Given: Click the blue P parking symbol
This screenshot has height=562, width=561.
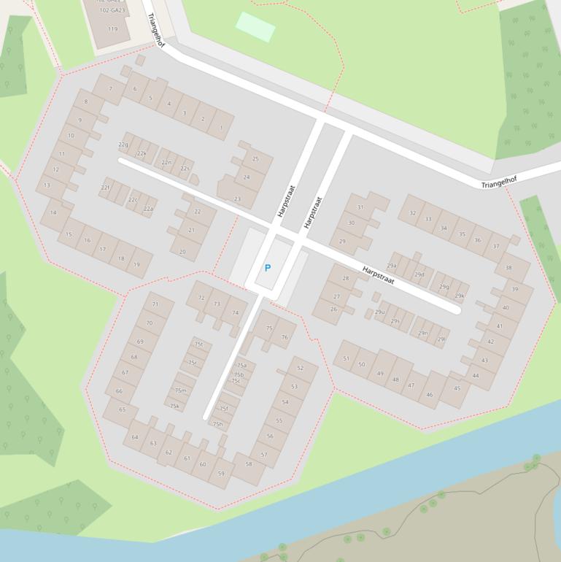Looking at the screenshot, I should point(268,269).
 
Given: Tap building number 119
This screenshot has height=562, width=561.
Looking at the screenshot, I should point(112,29).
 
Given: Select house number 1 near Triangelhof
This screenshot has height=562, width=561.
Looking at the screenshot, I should point(221,128).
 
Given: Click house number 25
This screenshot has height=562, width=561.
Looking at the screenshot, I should point(255,158).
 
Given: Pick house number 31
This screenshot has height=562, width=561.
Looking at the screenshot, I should point(360,207).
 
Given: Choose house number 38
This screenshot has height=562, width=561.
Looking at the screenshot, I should point(508,268).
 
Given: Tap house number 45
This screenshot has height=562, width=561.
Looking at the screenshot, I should point(457,388).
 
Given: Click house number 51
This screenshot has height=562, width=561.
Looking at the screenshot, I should point(346,358).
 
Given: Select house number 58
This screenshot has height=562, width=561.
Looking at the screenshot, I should point(249,463).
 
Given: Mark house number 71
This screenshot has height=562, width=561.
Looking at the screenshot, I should point(155,304).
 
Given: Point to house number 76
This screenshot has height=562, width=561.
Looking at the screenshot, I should point(285,337).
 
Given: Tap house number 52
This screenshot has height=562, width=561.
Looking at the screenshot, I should point(301,369).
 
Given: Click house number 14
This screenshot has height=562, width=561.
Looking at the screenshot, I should point(53,213).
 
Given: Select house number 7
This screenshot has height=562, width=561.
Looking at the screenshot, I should point(111,89).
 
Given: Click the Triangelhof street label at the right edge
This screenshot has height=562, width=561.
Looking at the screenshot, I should point(499,181).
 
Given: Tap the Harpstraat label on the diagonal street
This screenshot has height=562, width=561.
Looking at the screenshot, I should point(378,275).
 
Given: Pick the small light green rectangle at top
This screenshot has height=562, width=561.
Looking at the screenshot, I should point(255,27).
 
